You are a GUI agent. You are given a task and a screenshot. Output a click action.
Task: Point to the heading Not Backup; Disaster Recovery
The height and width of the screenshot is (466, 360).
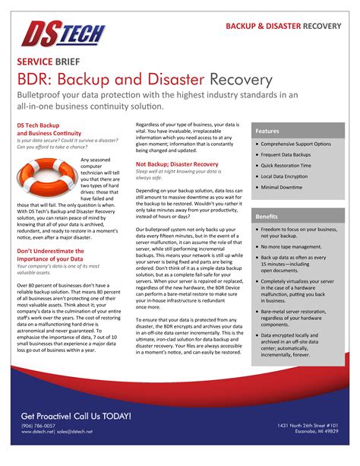177,163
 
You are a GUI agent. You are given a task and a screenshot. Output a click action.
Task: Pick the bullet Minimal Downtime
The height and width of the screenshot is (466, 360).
288,187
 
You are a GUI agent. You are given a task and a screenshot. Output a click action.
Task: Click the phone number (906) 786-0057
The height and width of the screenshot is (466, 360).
38,426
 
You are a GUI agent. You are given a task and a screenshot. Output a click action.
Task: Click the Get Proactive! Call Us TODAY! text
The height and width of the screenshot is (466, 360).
76,416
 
